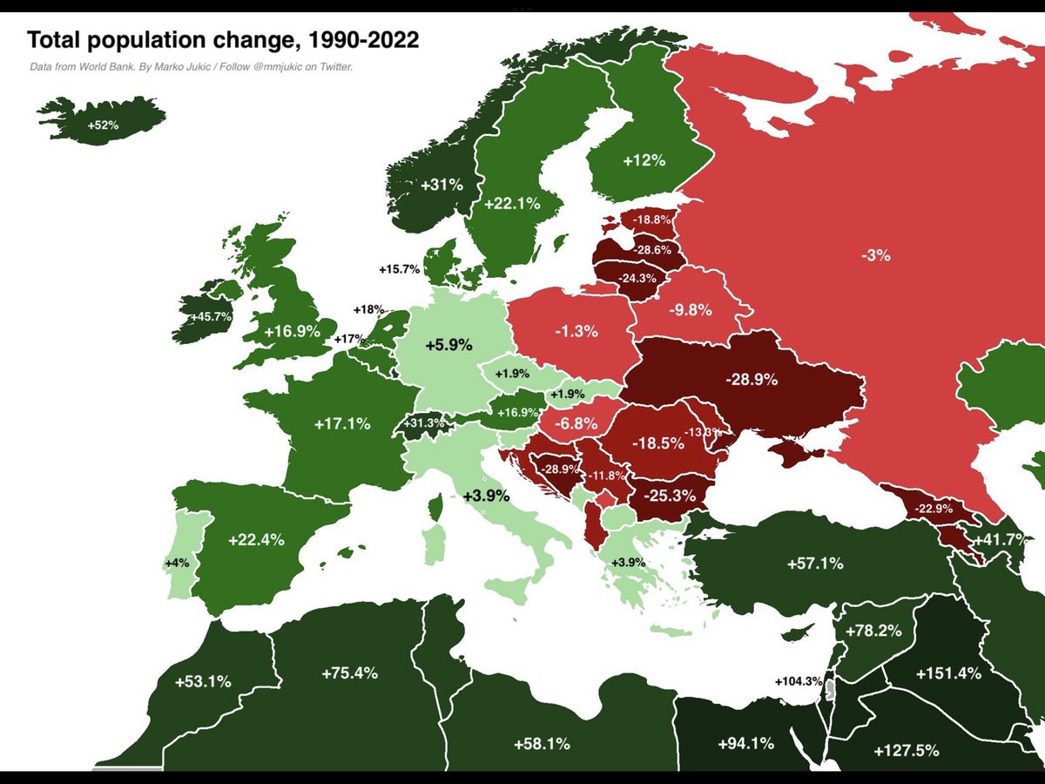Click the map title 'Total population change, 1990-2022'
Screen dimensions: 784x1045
223,40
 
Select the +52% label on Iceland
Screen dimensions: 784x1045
102,125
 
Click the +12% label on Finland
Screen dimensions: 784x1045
644,160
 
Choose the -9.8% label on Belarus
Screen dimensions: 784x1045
690,309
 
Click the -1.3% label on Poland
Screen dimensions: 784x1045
576,331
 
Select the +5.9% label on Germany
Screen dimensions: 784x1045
448,345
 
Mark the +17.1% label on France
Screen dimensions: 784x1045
342,424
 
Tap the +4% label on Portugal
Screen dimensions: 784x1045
176,563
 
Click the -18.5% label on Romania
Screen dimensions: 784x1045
657,443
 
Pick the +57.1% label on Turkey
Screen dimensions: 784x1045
814,564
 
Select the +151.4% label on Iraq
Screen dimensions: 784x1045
948,673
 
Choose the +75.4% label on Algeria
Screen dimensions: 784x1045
350,672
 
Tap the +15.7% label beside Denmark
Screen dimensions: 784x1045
399,269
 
